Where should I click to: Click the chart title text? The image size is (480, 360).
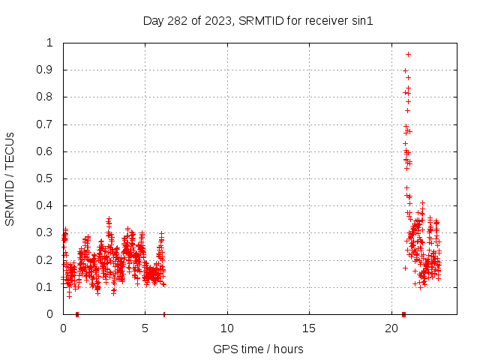[258, 21]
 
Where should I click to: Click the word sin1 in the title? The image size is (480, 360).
[362, 21]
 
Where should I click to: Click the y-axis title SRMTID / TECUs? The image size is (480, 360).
[10, 178]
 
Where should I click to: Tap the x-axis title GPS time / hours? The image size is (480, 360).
[258, 349]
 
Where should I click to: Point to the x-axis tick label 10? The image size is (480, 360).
[227, 328]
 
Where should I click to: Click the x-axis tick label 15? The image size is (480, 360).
[309, 328]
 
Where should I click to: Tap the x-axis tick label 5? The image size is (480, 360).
[145, 328]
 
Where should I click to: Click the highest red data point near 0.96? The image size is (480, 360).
[408, 54]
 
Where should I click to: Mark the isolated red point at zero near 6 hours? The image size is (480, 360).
[164, 314]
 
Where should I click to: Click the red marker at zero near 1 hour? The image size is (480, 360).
[77, 314]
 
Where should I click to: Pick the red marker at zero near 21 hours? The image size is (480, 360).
[403, 314]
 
